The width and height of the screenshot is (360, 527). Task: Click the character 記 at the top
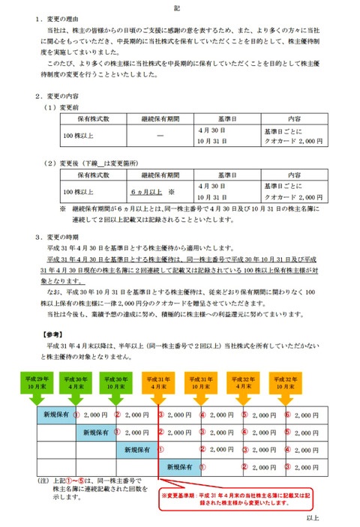point(181,7)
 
